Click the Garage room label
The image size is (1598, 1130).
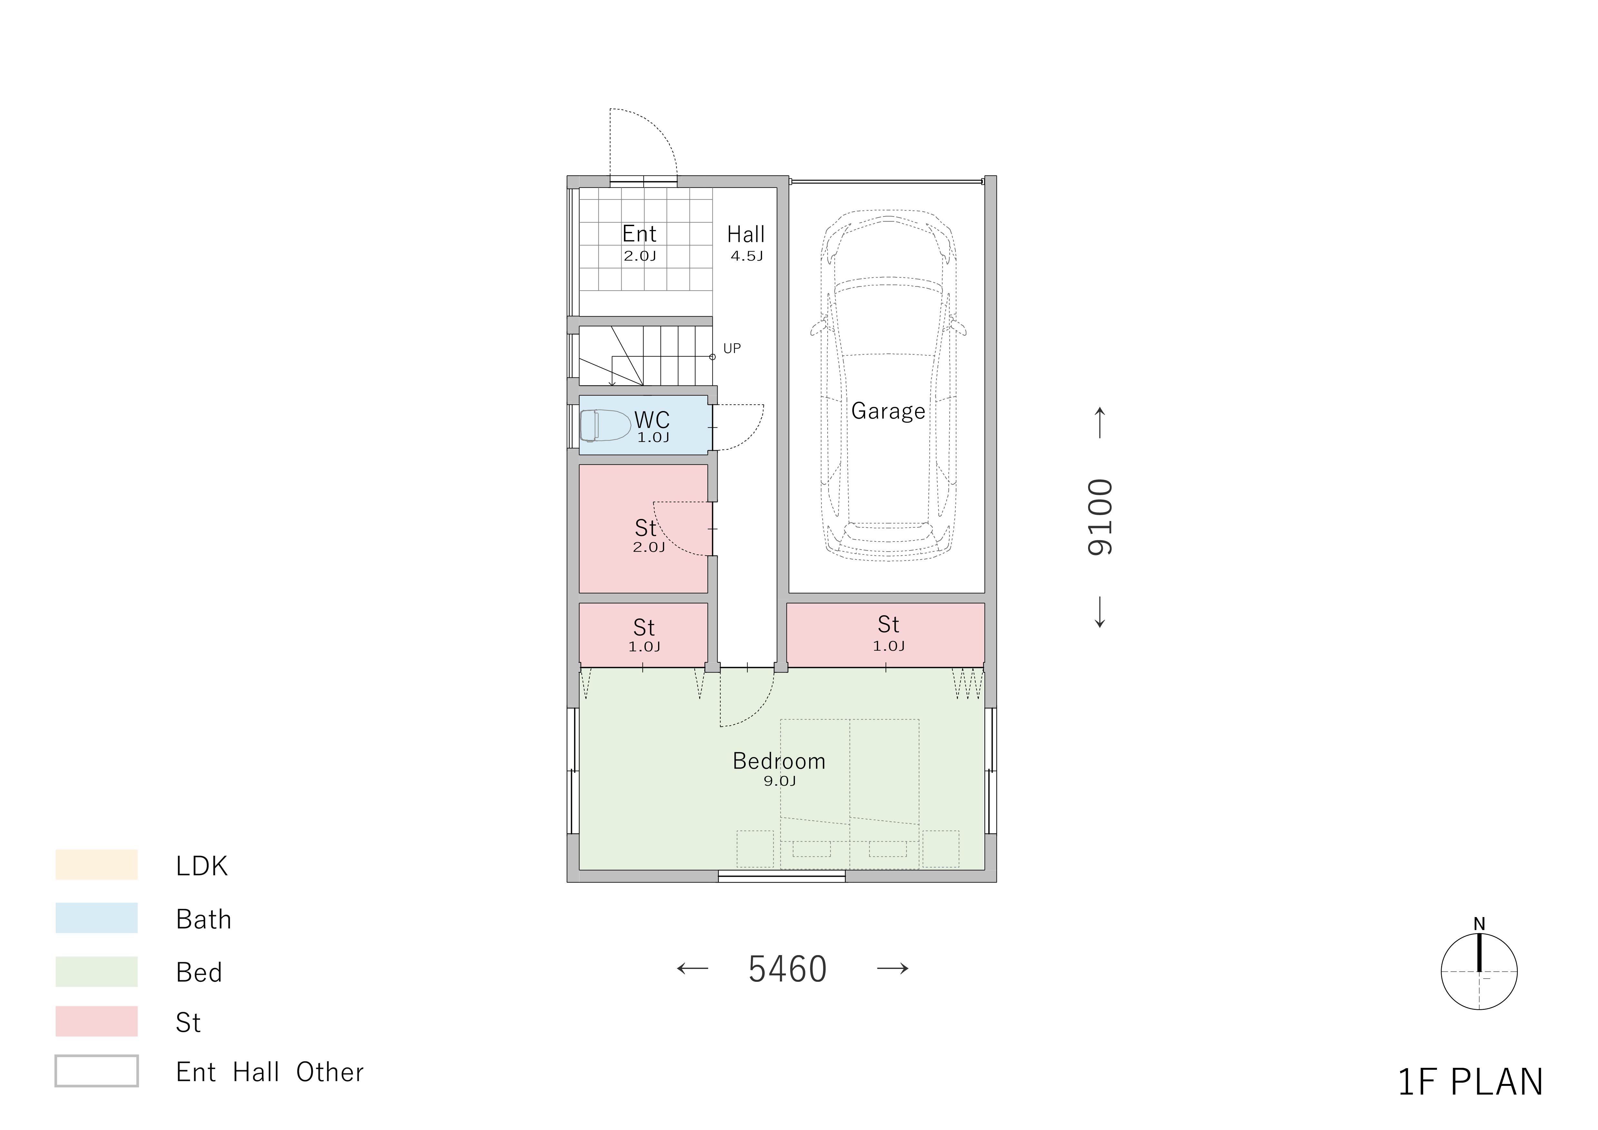(x=888, y=411)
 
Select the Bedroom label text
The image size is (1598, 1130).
(x=779, y=761)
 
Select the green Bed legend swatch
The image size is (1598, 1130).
(x=97, y=971)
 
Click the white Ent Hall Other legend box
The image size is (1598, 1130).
(x=97, y=1071)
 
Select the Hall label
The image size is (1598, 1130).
(x=745, y=235)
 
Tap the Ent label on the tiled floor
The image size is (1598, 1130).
(x=639, y=234)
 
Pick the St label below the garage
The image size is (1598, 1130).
(x=888, y=624)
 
